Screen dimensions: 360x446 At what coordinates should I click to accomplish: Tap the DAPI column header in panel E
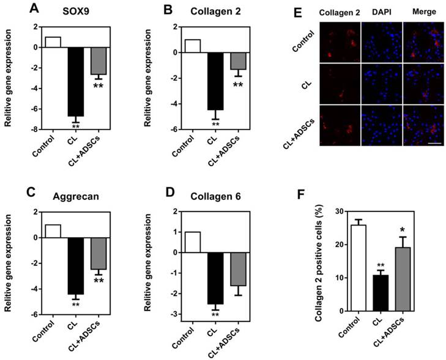(381, 11)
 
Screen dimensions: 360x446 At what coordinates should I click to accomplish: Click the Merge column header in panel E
(422, 11)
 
